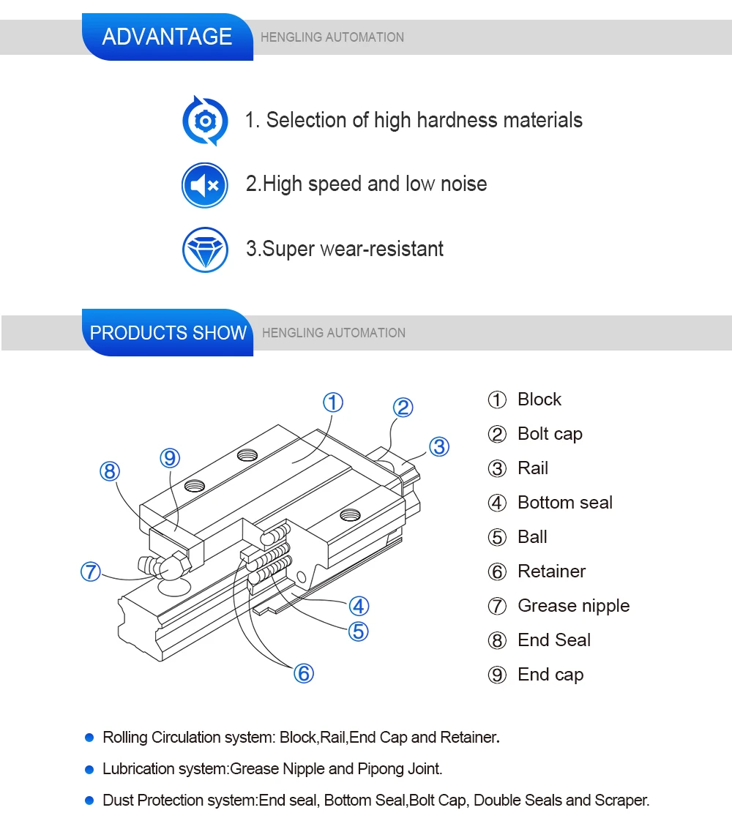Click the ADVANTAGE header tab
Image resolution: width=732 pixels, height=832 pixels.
[x=167, y=37]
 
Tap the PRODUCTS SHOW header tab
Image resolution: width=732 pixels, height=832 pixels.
[x=168, y=333]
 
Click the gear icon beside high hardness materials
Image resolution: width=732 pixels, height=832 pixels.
[x=205, y=121]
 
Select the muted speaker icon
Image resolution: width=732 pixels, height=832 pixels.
[x=205, y=185]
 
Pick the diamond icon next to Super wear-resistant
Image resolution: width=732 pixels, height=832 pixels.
[x=205, y=250]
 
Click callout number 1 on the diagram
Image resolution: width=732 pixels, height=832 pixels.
[x=333, y=402]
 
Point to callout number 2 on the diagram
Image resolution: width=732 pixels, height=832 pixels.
[x=403, y=408]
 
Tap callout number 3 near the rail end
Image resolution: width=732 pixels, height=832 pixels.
[x=438, y=446]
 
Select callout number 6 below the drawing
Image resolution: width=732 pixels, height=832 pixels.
[x=303, y=672]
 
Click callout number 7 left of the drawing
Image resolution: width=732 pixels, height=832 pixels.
[x=90, y=571]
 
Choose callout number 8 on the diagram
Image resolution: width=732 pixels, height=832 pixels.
[x=110, y=472]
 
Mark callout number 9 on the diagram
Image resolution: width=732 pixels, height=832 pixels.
[x=170, y=459]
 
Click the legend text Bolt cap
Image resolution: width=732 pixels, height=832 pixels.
[x=550, y=434]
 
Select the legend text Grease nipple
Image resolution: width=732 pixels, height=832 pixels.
[x=573, y=606]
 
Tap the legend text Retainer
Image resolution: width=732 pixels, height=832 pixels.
[x=551, y=571]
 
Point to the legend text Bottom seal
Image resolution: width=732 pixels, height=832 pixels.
[x=564, y=503]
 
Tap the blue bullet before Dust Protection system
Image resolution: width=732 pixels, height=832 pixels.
[x=89, y=801]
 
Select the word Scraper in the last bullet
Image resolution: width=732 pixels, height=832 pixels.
[x=624, y=801]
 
